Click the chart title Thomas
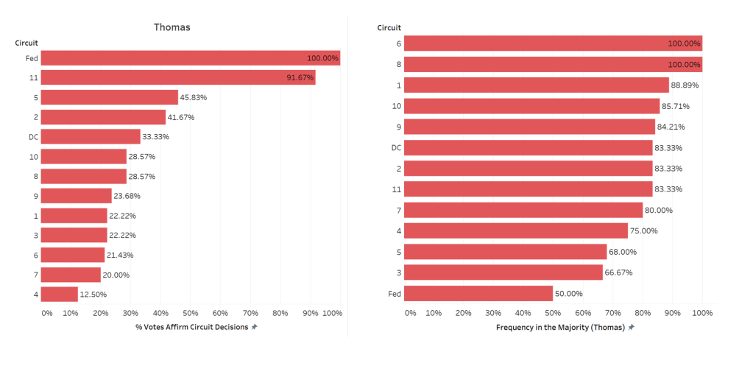(172, 27)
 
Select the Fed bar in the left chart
(190, 57)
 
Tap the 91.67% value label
(300, 77)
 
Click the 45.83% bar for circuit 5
(109, 97)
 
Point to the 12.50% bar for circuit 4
(59, 295)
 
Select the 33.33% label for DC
(157, 137)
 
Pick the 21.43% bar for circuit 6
(72, 255)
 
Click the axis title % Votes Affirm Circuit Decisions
(192, 327)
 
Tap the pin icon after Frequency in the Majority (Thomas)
(631, 327)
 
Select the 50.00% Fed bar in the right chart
(478, 293)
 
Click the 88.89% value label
(685, 85)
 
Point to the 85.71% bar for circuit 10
(531, 106)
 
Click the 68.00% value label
(623, 252)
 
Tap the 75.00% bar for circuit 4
(516, 230)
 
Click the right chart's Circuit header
(389, 28)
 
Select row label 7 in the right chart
(398, 210)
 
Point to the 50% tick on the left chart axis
(190, 313)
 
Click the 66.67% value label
(618, 272)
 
